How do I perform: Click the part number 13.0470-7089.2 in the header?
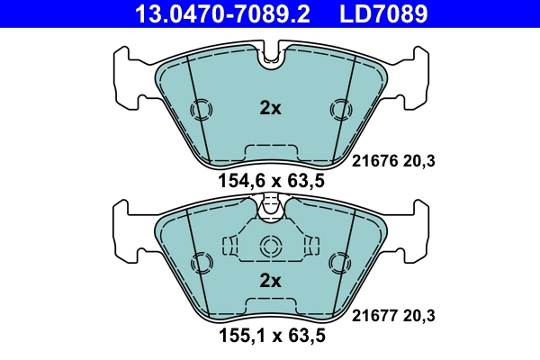(x=215, y=14)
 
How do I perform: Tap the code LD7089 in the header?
(x=382, y=14)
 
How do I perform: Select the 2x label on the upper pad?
(x=270, y=109)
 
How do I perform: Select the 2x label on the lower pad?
(x=270, y=280)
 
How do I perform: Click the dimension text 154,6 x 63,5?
(x=271, y=182)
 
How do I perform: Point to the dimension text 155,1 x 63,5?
(x=271, y=337)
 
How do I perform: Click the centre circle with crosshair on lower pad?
(x=270, y=247)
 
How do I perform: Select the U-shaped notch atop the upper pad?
(x=270, y=58)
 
